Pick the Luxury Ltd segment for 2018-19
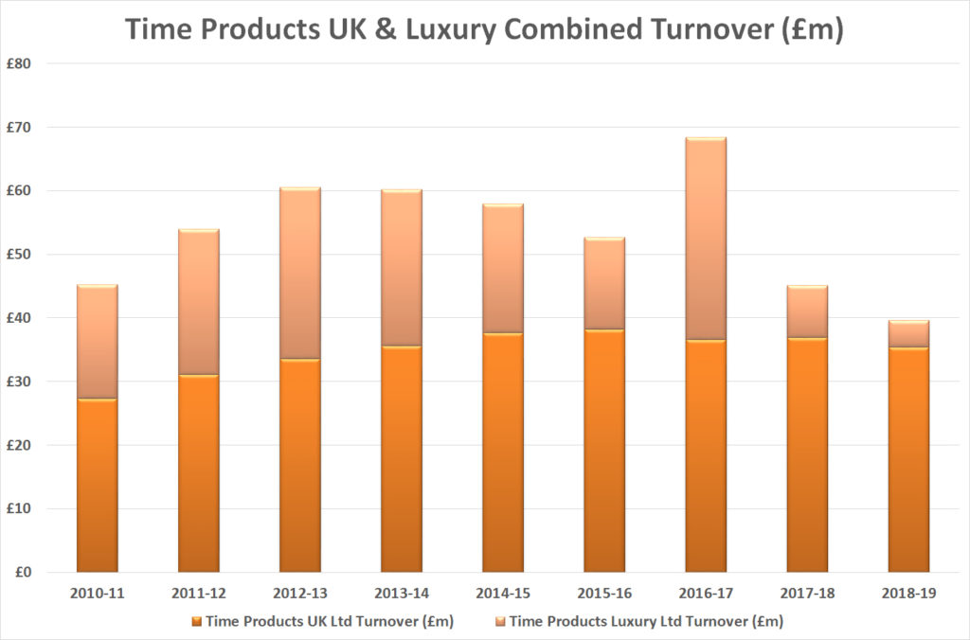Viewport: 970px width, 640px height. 908,334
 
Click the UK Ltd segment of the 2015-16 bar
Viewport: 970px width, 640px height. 604,451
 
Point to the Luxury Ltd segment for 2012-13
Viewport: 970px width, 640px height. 299,274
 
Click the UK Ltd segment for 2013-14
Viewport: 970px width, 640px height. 402,459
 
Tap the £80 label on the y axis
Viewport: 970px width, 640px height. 20,64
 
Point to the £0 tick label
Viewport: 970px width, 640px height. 24,573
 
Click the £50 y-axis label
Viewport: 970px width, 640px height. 20,255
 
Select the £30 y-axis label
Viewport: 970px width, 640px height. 20,382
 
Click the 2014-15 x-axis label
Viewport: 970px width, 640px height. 503,594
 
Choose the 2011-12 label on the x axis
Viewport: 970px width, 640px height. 198,594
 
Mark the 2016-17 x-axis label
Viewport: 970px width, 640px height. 706,594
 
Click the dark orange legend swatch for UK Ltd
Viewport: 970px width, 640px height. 197,621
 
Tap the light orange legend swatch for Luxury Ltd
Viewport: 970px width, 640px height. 500,621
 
